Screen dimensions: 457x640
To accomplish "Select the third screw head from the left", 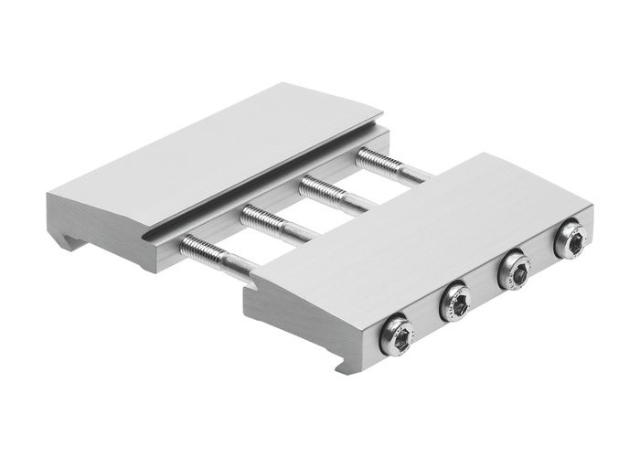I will coord(513,271).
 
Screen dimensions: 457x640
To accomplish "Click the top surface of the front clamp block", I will coord(411,228).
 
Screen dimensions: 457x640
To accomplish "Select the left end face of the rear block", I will coord(91,219).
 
